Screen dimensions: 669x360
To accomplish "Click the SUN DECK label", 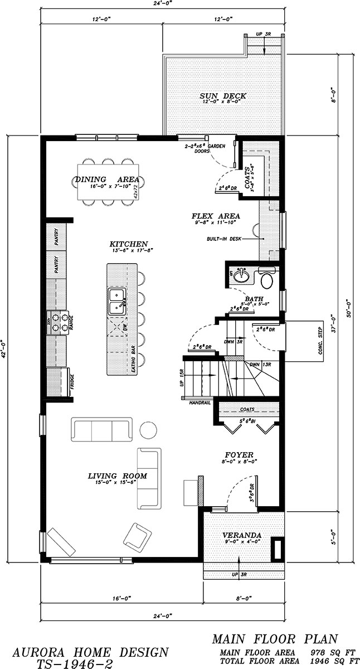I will click(223, 96).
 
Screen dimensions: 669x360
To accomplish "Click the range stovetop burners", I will click(59, 322).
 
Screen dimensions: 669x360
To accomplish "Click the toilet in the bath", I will click(267, 278).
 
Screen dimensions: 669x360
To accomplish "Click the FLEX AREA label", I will click(216, 216).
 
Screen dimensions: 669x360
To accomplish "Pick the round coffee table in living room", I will click(149, 430).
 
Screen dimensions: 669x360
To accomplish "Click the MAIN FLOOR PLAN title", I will click(283, 639).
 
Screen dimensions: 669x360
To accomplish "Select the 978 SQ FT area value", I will click(325, 652).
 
